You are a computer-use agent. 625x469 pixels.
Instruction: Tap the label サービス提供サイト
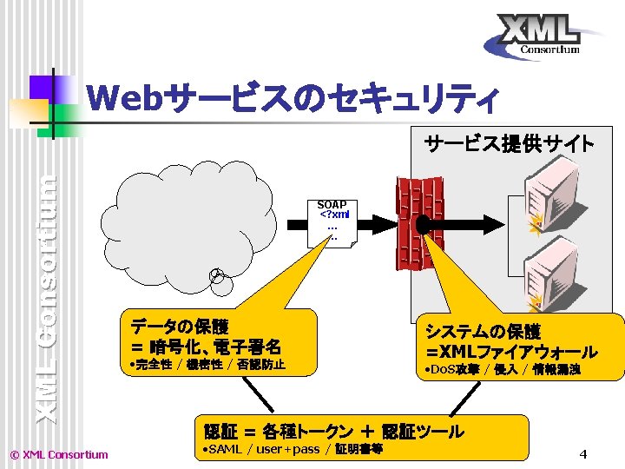[509, 143]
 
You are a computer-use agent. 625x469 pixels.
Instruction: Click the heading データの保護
[180, 327]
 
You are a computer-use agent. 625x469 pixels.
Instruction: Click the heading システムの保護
[483, 332]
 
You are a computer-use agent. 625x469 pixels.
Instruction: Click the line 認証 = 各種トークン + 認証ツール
[333, 431]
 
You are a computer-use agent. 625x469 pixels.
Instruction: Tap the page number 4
[583, 454]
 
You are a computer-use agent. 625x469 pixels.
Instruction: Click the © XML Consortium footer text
[58, 454]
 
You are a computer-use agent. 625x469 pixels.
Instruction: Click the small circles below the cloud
[219, 277]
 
